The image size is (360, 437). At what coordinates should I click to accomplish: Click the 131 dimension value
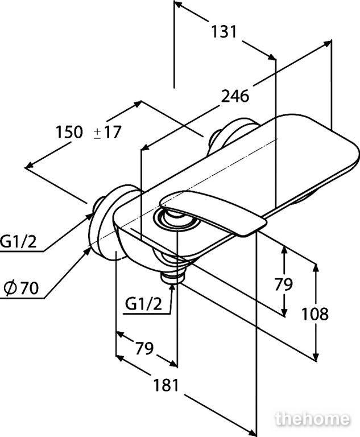[224, 31]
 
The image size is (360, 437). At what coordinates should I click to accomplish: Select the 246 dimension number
[235, 96]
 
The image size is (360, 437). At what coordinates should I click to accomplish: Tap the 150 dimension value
[69, 132]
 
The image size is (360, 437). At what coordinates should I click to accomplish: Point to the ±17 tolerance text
[107, 132]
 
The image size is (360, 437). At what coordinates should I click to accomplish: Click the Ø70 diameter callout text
[22, 288]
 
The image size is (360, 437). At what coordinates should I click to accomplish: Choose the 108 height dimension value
[315, 314]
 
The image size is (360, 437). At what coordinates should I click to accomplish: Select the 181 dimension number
[166, 385]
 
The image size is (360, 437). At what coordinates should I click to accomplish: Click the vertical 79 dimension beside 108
[283, 285]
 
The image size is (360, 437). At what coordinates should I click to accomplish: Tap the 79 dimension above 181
[144, 348]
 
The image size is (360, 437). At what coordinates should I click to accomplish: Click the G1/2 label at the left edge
[18, 241]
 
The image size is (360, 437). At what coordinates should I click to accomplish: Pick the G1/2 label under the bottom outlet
[143, 304]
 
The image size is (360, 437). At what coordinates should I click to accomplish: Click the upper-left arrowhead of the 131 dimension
[179, 4]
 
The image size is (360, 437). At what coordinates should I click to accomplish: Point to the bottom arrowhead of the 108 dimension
[316, 357]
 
